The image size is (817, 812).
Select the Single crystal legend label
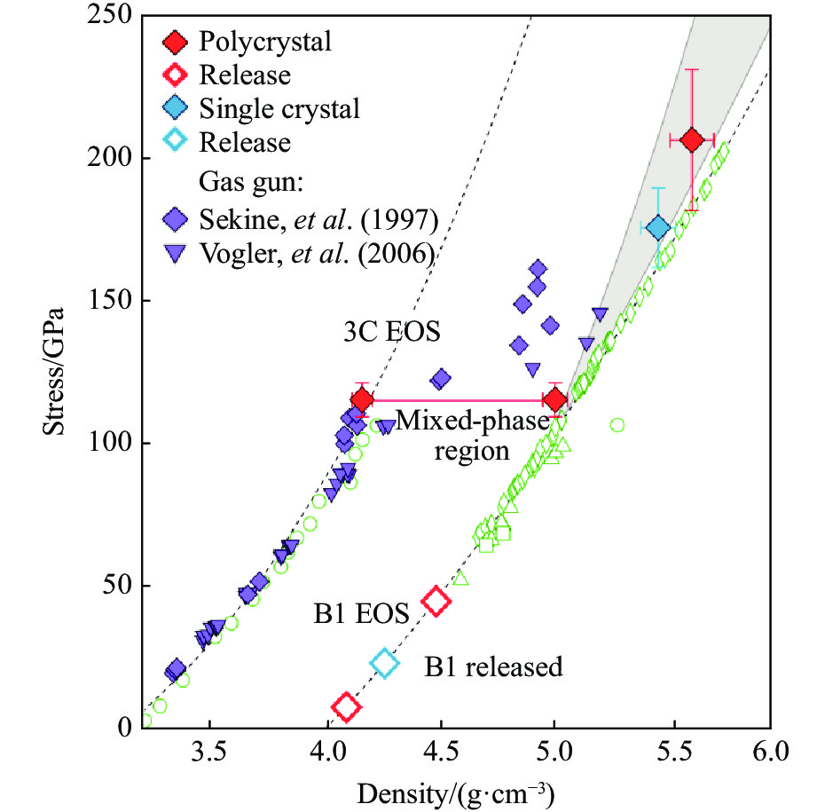tap(279, 109)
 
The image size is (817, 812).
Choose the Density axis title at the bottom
tap(455, 789)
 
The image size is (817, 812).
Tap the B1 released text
tap(493, 666)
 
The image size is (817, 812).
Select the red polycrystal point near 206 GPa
tap(692, 140)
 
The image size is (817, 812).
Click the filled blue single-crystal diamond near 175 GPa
tap(657, 227)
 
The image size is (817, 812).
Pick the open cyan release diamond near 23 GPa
tap(384, 662)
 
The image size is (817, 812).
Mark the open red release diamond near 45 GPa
tap(435, 600)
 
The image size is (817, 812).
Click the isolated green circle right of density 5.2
tap(617, 425)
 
